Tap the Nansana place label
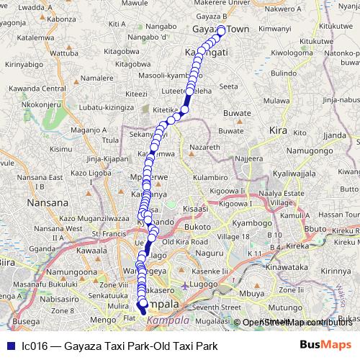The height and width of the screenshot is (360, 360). [x=47, y=203]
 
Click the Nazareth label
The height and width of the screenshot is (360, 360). [x=205, y=146]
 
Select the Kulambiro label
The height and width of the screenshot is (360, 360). [x=210, y=176]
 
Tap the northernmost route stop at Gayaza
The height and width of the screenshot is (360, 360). [x=222, y=30]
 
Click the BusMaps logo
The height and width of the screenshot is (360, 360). [x=325, y=345]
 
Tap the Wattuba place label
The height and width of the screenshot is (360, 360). [x=64, y=53]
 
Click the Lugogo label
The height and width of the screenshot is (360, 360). [x=205, y=286]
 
